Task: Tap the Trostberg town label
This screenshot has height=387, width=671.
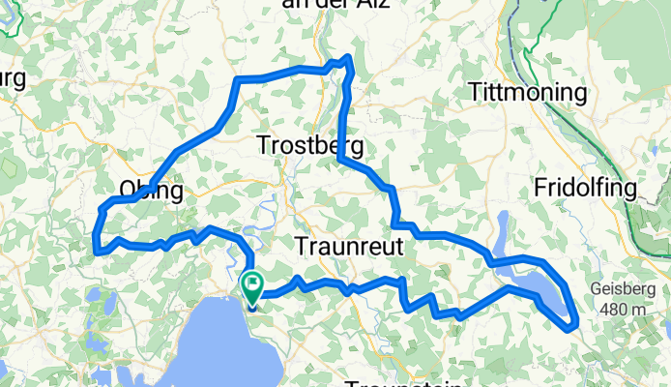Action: tap(310, 146)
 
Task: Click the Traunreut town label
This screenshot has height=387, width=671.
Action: tap(347, 246)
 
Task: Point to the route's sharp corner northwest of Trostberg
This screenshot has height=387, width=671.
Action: tap(239, 80)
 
